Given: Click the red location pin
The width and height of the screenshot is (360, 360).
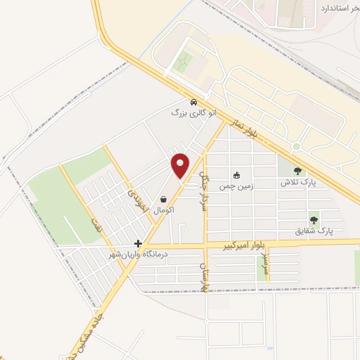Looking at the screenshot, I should pos(181,165).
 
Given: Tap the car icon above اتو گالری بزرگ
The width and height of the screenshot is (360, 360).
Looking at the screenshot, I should pos(193,102).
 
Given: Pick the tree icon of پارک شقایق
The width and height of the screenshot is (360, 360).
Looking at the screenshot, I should pos(314,219).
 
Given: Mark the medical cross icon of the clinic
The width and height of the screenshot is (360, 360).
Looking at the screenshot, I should pos(138,243).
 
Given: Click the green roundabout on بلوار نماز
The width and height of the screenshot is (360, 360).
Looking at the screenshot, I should pos(297,146).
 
